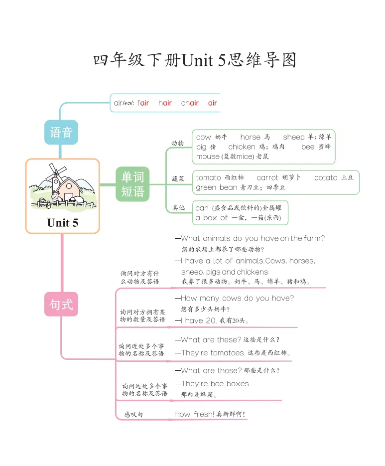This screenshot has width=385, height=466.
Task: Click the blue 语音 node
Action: point(61,132)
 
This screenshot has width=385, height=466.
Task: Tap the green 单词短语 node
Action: point(132,184)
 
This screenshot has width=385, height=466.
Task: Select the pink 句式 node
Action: point(61,304)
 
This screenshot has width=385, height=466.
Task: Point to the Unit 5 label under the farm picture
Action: point(63,222)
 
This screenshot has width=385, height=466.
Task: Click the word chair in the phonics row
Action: point(190,103)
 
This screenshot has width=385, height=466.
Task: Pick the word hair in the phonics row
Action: point(165,103)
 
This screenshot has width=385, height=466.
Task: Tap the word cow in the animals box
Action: point(204,137)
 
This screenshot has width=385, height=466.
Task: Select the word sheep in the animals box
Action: point(293,137)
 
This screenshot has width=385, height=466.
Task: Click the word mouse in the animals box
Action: point(208,156)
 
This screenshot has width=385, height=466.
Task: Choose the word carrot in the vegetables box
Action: point(267,178)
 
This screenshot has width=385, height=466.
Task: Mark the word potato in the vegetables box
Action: point(326,178)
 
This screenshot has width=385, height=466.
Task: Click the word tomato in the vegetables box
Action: point(208,178)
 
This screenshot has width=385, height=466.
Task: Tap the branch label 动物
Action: point(177,144)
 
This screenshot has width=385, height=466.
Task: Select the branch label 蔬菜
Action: point(178,178)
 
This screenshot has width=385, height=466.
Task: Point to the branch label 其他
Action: point(178,207)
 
